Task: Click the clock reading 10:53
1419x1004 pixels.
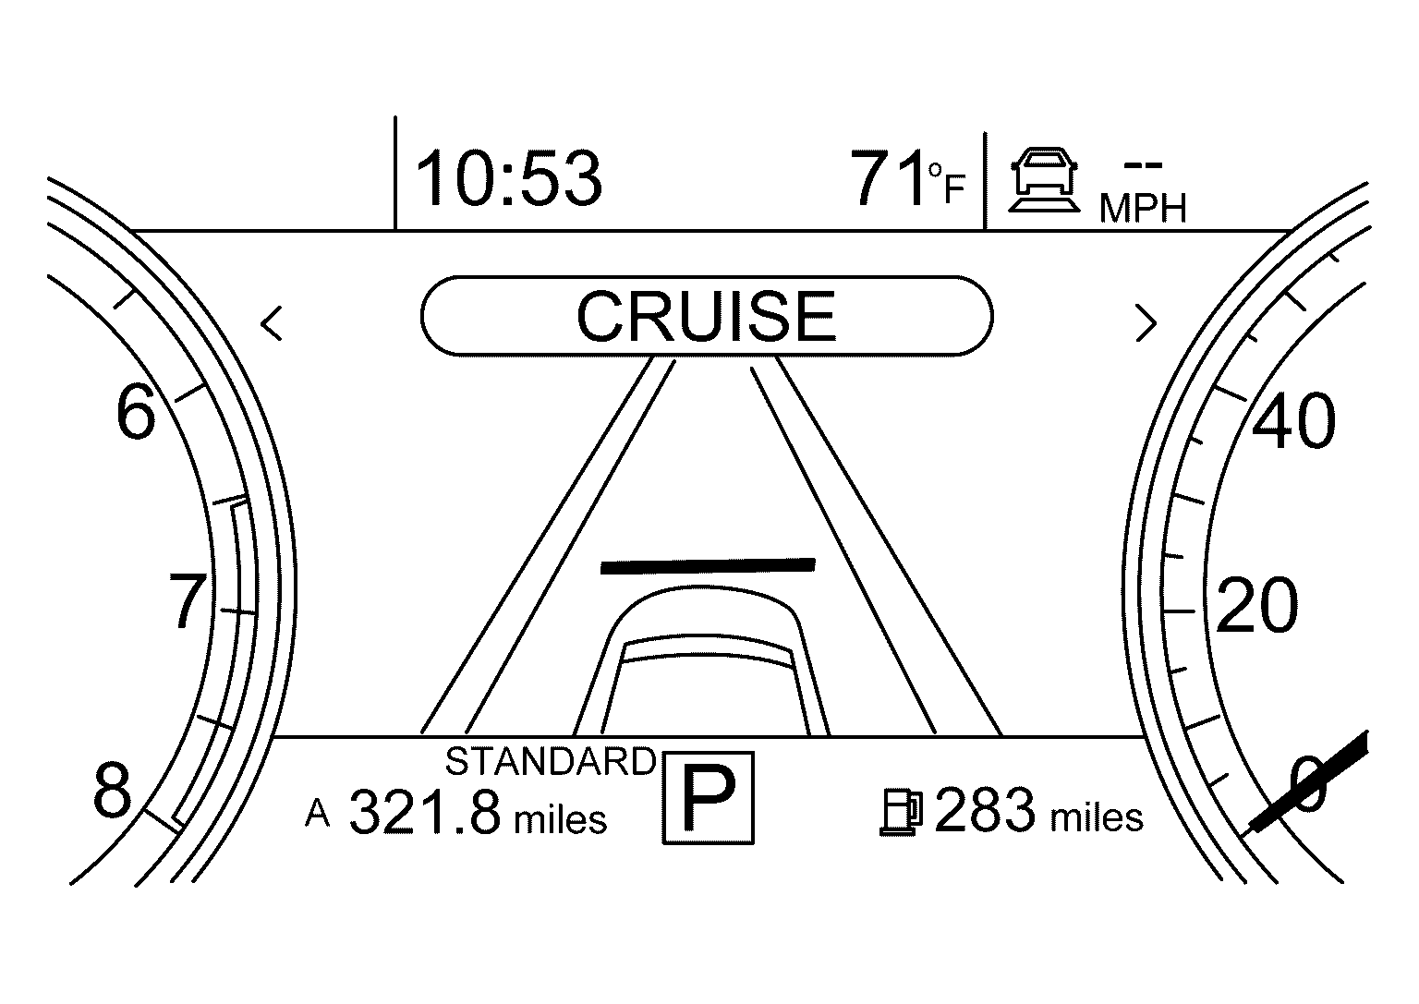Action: (508, 178)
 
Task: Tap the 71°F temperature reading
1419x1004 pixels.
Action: (907, 178)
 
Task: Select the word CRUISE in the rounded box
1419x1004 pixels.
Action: (707, 316)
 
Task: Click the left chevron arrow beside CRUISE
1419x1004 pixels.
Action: (272, 323)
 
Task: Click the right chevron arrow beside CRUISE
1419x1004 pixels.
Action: (1146, 323)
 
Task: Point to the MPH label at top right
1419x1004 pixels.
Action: (1143, 209)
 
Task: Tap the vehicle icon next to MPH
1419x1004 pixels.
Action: (1044, 180)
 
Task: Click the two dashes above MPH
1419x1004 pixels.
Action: (1143, 165)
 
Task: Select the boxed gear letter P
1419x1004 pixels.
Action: (709, 798)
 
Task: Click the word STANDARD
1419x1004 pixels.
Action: (551, 761)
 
